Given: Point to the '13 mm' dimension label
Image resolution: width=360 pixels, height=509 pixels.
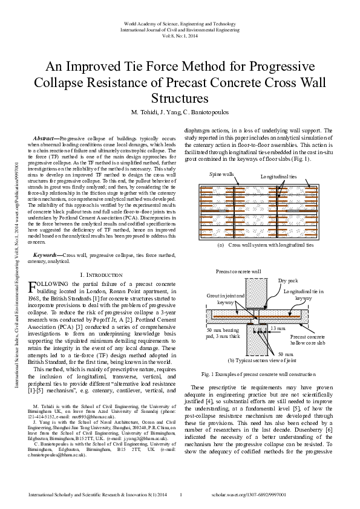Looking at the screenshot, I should pyautogui.click(x=278, y=328).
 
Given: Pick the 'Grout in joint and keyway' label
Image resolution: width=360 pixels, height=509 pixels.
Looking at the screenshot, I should pyautogui.click(x=226, y=299).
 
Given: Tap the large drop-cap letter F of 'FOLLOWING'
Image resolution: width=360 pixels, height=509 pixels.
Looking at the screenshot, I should pyautogui.click(x=33, y=287).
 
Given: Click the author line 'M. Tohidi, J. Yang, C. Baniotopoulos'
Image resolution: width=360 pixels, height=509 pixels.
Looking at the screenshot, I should pyautogui.click(x=180, y=112).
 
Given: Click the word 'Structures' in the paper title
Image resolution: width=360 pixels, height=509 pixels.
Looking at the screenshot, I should pyautogui.click(x=180, y=98).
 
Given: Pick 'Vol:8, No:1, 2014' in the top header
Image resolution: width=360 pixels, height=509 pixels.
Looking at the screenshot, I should pyautogui.click(x=180, y=36).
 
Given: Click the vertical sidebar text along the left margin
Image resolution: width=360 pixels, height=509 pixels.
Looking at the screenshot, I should pyautogui.click(x=10, y=254).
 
